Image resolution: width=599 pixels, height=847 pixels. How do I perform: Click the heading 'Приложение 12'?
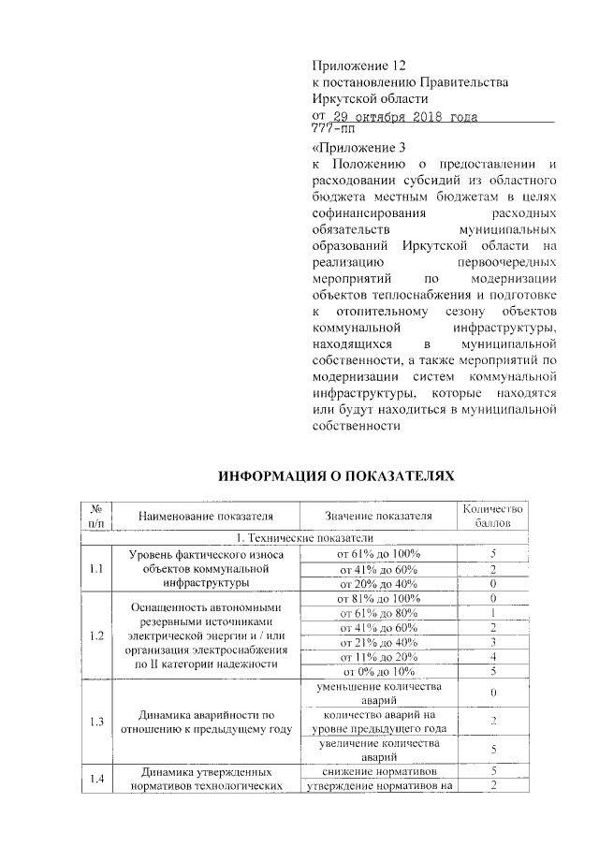pos(360,66)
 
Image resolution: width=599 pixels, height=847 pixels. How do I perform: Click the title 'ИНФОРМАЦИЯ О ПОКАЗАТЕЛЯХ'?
pos(336,476)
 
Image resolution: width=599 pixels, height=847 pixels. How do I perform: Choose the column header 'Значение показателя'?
pos(378,515)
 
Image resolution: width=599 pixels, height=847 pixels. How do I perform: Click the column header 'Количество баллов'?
pos(494,515)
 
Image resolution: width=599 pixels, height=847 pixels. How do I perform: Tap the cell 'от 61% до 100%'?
pos(378,554)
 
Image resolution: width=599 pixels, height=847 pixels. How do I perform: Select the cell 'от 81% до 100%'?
pos(378,598)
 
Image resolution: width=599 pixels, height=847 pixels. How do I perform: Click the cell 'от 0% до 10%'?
pos(378,671)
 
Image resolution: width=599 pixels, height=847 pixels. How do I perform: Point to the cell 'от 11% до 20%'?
pos(378,657)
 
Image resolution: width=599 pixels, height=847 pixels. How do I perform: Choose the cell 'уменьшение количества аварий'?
pos(378,694)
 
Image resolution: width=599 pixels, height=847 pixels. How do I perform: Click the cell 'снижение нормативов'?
pos(378,771)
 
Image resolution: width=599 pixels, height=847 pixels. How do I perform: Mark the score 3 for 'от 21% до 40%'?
pos(494,642)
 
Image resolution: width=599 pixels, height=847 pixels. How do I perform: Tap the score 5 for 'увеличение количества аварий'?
pos(494,750)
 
